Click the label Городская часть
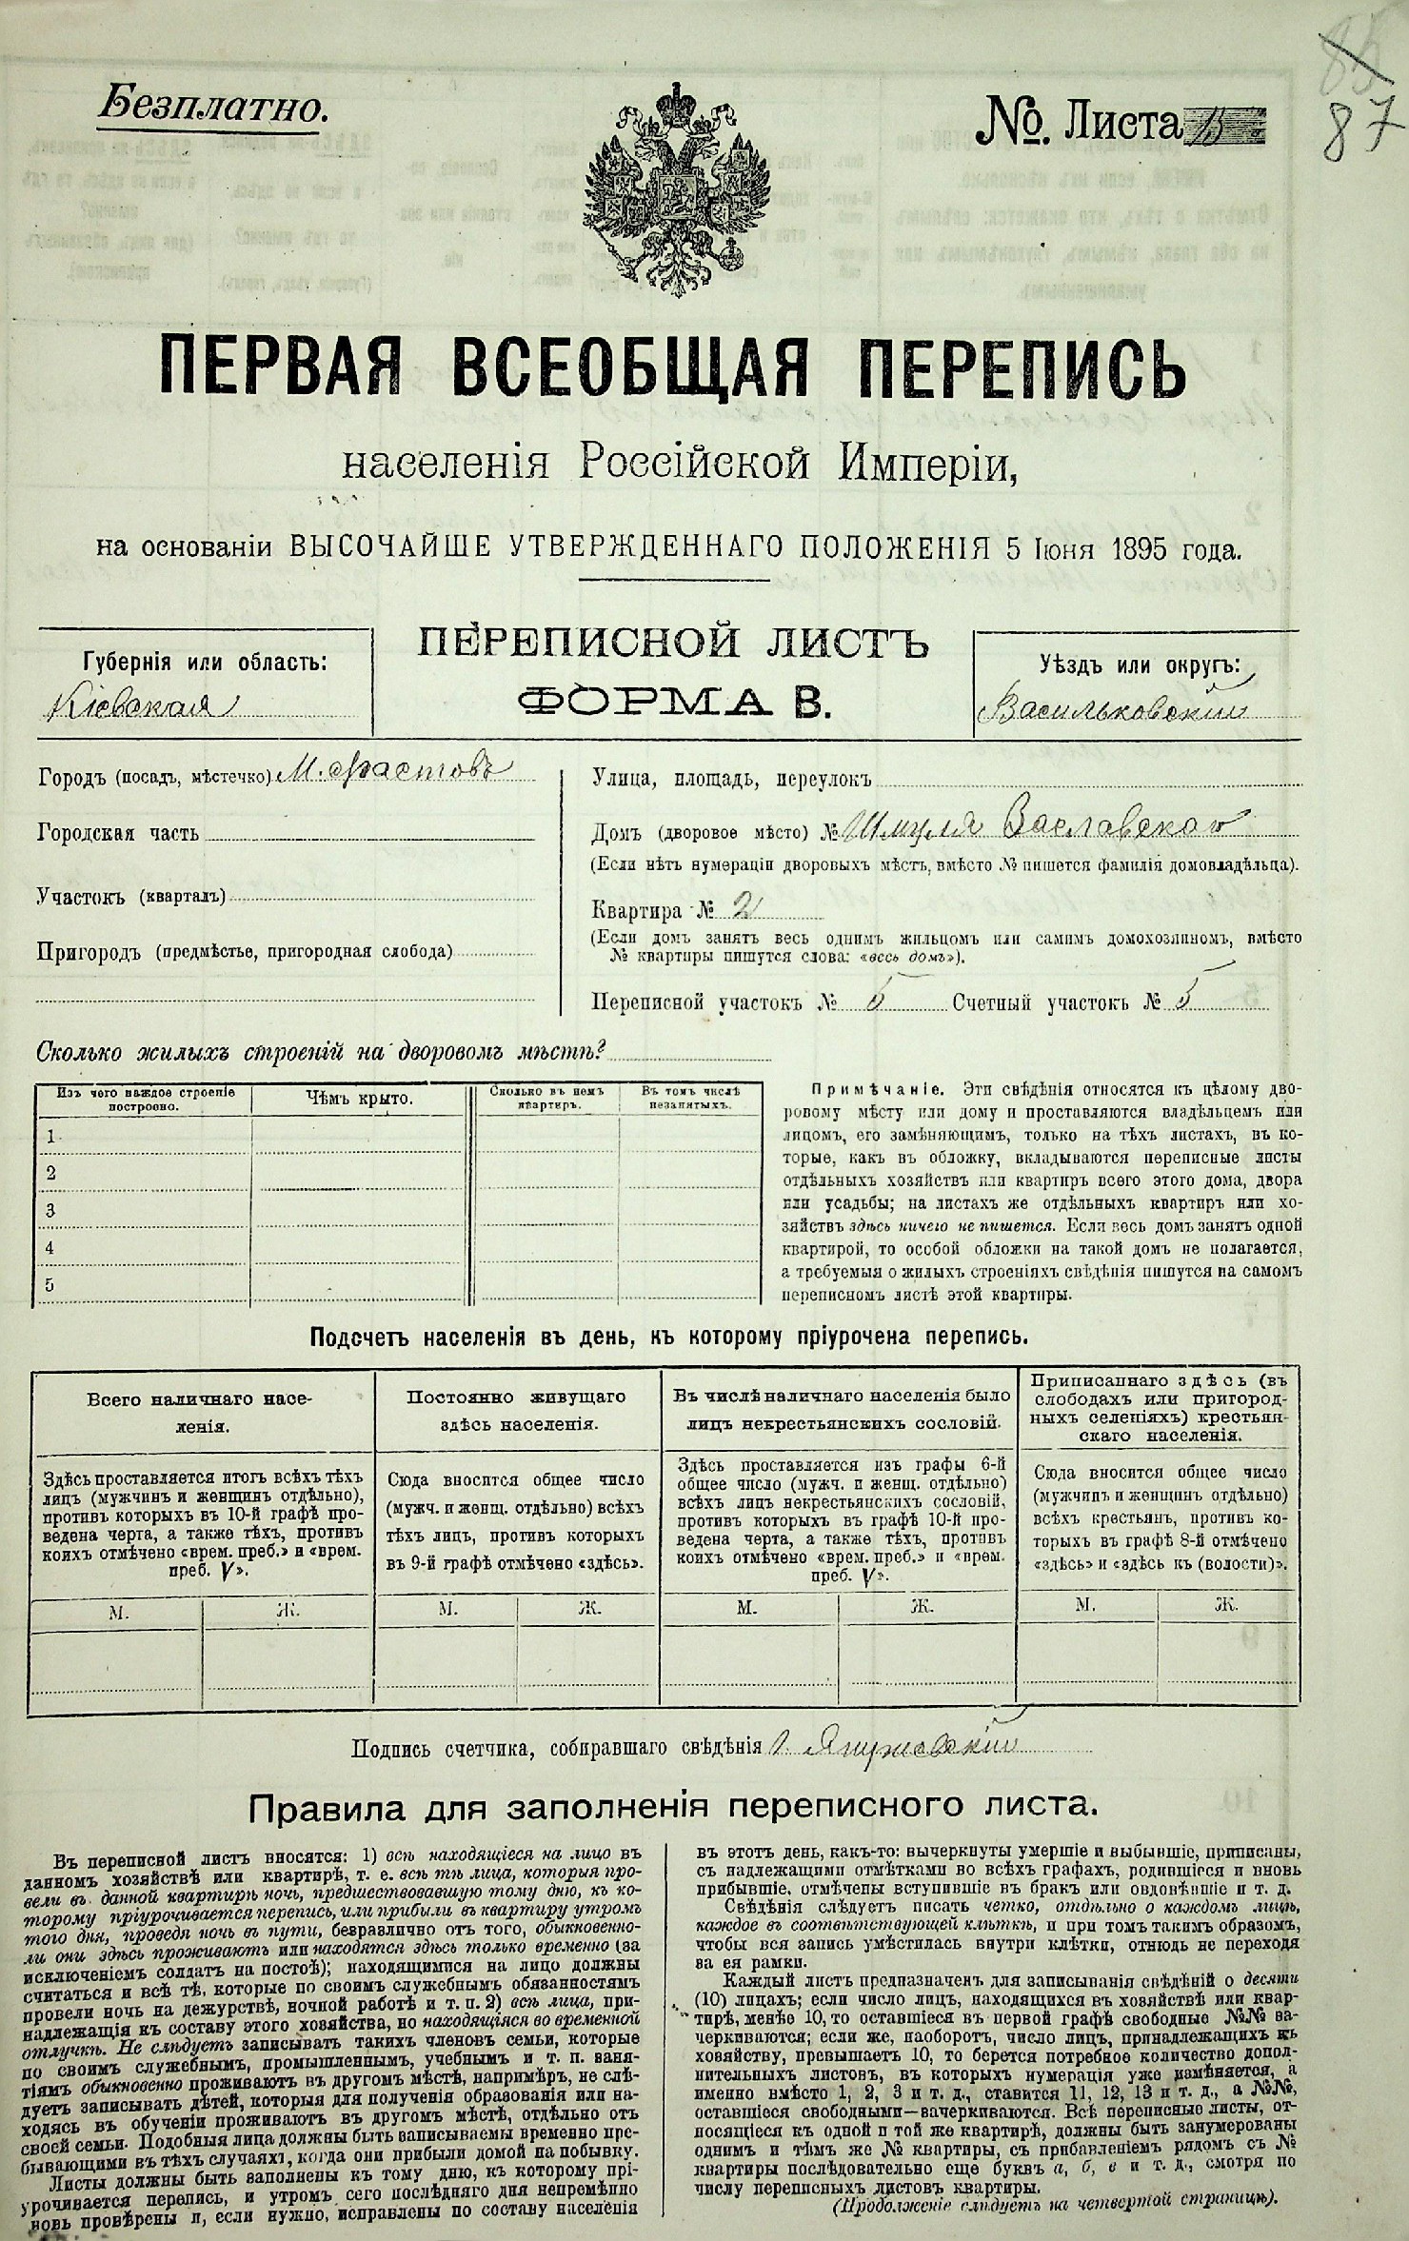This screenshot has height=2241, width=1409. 118,834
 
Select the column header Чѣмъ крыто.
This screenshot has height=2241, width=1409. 359,1099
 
